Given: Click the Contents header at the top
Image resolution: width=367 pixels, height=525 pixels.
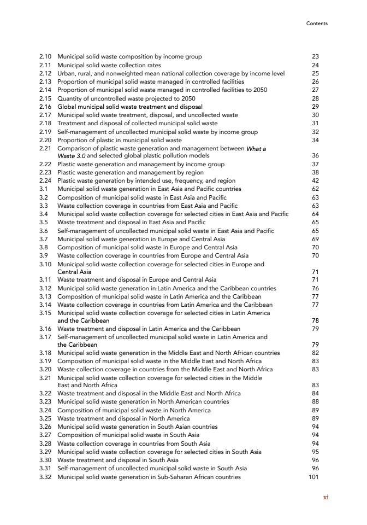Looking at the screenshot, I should [x=317, y=24].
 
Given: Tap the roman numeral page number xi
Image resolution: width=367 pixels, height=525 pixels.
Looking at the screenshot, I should [x=325, y=497].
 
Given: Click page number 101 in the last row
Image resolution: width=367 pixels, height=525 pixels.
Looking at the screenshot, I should [x=313, y=477].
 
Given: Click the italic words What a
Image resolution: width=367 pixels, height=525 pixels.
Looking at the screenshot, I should [x=257, y=149].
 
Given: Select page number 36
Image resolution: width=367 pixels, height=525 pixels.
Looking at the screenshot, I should [x=315, y=155].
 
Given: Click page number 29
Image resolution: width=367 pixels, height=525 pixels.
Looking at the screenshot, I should [x=315, y=107].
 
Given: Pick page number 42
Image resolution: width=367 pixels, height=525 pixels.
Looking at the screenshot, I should [x=315, y=180].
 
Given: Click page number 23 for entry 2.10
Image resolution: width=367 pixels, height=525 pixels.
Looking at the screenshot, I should [x=315, y=56].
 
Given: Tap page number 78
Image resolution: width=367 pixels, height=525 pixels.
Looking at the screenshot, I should [x=315, y=320].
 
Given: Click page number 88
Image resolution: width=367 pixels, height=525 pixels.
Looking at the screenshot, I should [x=315, y=401].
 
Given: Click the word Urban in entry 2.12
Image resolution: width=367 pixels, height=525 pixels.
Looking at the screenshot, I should [x=66, y=73].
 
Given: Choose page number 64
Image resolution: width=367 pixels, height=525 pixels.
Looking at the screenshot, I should [x=315, y=214].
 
